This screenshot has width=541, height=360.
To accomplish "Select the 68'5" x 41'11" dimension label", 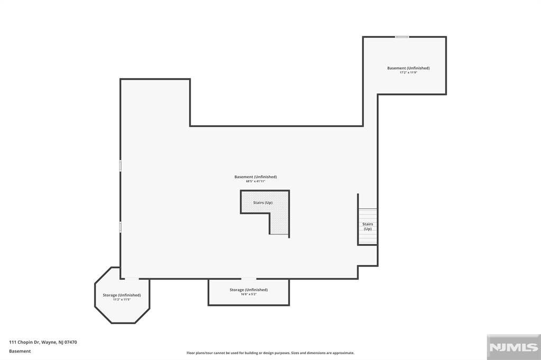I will click(x=255, y=181).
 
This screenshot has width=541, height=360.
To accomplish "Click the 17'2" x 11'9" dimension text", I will click(x=408, y=72).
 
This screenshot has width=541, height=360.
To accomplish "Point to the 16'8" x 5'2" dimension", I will click(x=248, y=294).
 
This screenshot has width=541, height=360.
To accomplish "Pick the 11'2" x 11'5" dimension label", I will click(x=122, y=299).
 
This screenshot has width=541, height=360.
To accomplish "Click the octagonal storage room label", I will click(x=122, y=295).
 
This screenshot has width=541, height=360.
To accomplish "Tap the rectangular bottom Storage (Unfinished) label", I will click(x=248, y=290).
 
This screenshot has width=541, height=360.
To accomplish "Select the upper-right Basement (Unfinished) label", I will click(x=408, y=68).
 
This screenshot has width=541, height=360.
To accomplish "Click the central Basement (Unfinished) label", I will click(x=255, y=177).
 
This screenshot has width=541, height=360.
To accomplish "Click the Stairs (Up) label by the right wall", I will click(x=367, y=226).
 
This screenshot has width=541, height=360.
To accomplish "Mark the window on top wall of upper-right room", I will click(x=402, y=37).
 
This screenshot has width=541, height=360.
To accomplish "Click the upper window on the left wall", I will click(x=120, y=165).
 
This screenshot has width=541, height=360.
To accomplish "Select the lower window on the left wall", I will click(x=120, y=227).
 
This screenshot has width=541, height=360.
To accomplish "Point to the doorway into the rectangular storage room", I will click(x=248, y=279).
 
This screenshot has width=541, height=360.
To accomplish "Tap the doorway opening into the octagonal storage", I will click(x=132, y=279).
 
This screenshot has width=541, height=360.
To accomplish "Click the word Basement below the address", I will click(x=20, y=351).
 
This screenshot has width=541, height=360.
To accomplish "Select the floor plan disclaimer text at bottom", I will click(x=270, y=353).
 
